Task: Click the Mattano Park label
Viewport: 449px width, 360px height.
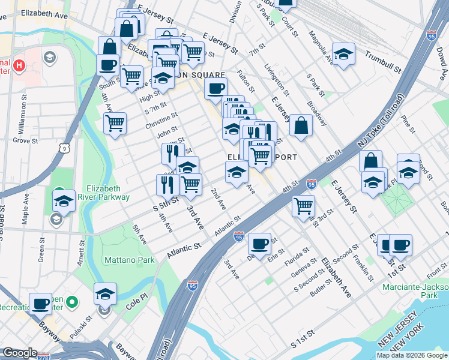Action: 129,260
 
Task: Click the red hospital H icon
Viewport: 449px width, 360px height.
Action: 19,65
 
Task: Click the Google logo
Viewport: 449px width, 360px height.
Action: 20,353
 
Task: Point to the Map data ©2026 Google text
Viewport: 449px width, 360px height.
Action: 412,355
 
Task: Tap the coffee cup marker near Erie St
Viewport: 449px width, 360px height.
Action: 259,244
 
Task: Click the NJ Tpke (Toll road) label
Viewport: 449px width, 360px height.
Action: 378,123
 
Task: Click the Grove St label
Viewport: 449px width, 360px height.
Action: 25,141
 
